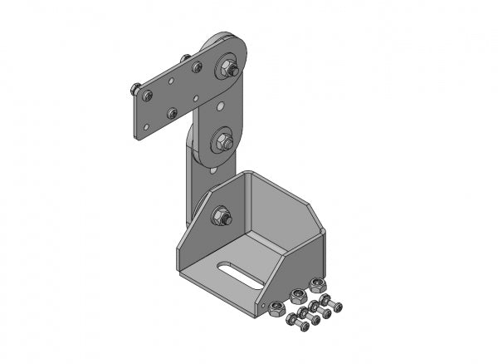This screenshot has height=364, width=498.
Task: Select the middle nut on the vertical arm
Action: pos(224,141)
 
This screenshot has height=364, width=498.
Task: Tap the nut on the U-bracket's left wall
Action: pos(222,217)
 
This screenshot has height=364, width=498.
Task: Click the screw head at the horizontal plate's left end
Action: pos(147,96)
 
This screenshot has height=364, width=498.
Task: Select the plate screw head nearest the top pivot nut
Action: pos(197,67)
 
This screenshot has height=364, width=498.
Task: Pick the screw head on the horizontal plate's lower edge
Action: pos(172,113)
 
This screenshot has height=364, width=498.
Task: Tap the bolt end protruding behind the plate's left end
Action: pos(134,86)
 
